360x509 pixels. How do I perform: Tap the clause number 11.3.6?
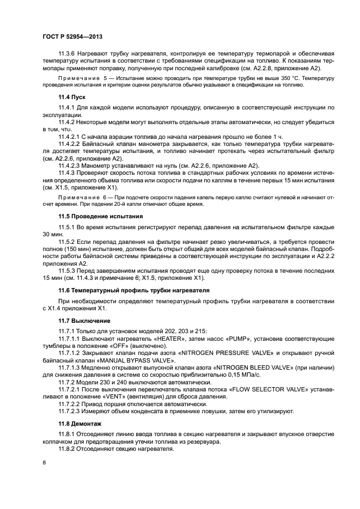coord(68,53)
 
